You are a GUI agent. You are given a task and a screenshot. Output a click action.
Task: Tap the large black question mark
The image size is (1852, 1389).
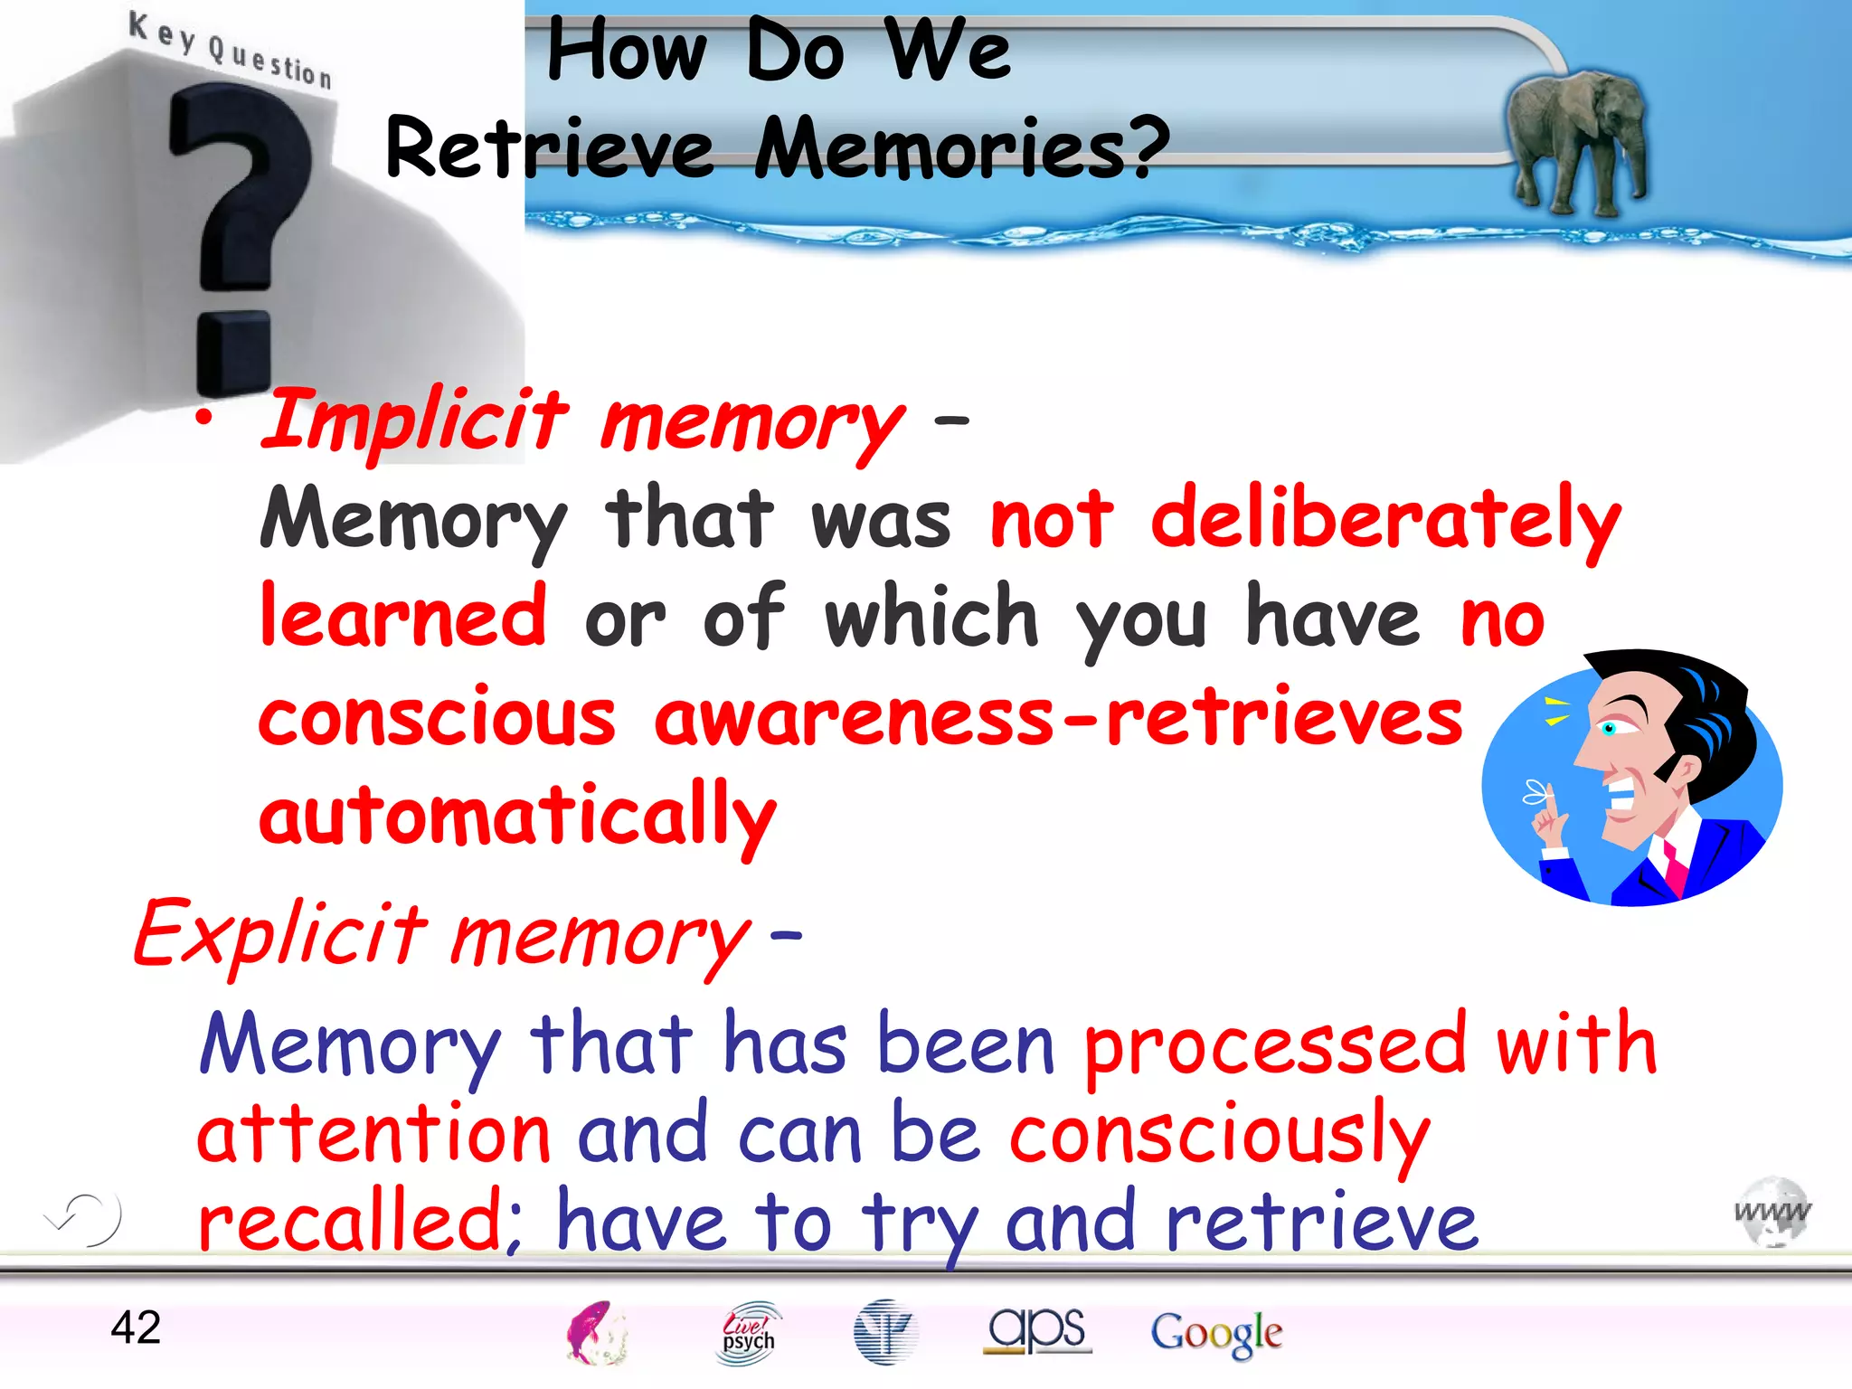(237, 235)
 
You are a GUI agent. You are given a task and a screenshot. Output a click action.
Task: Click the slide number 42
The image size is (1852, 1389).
(136, 1328)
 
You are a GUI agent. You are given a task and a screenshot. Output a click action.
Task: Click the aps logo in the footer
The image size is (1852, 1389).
(1037, 1330)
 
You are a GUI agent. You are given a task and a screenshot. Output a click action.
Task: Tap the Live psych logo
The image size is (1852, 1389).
(748, 1332)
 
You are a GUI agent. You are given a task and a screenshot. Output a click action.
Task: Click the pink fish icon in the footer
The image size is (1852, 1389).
(595, 1331)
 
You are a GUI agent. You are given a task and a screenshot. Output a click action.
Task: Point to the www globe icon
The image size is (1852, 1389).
(1772, 1213)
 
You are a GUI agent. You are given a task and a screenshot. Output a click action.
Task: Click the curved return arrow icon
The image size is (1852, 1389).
(84, 1218)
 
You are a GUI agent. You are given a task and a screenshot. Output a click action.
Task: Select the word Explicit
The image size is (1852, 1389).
(280, 934)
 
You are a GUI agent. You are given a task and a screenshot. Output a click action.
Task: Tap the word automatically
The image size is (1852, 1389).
(517, 816)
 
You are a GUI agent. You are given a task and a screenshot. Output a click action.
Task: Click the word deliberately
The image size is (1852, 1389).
(1385, 519)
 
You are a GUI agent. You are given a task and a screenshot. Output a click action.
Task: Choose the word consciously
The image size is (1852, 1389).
(1219, 1136)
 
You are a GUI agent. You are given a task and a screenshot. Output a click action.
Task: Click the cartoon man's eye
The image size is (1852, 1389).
(1611, 728)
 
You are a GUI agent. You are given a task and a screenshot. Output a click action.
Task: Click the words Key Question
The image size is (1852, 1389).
(231, 50)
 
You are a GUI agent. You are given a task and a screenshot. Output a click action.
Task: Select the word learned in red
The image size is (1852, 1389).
(403, 618)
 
